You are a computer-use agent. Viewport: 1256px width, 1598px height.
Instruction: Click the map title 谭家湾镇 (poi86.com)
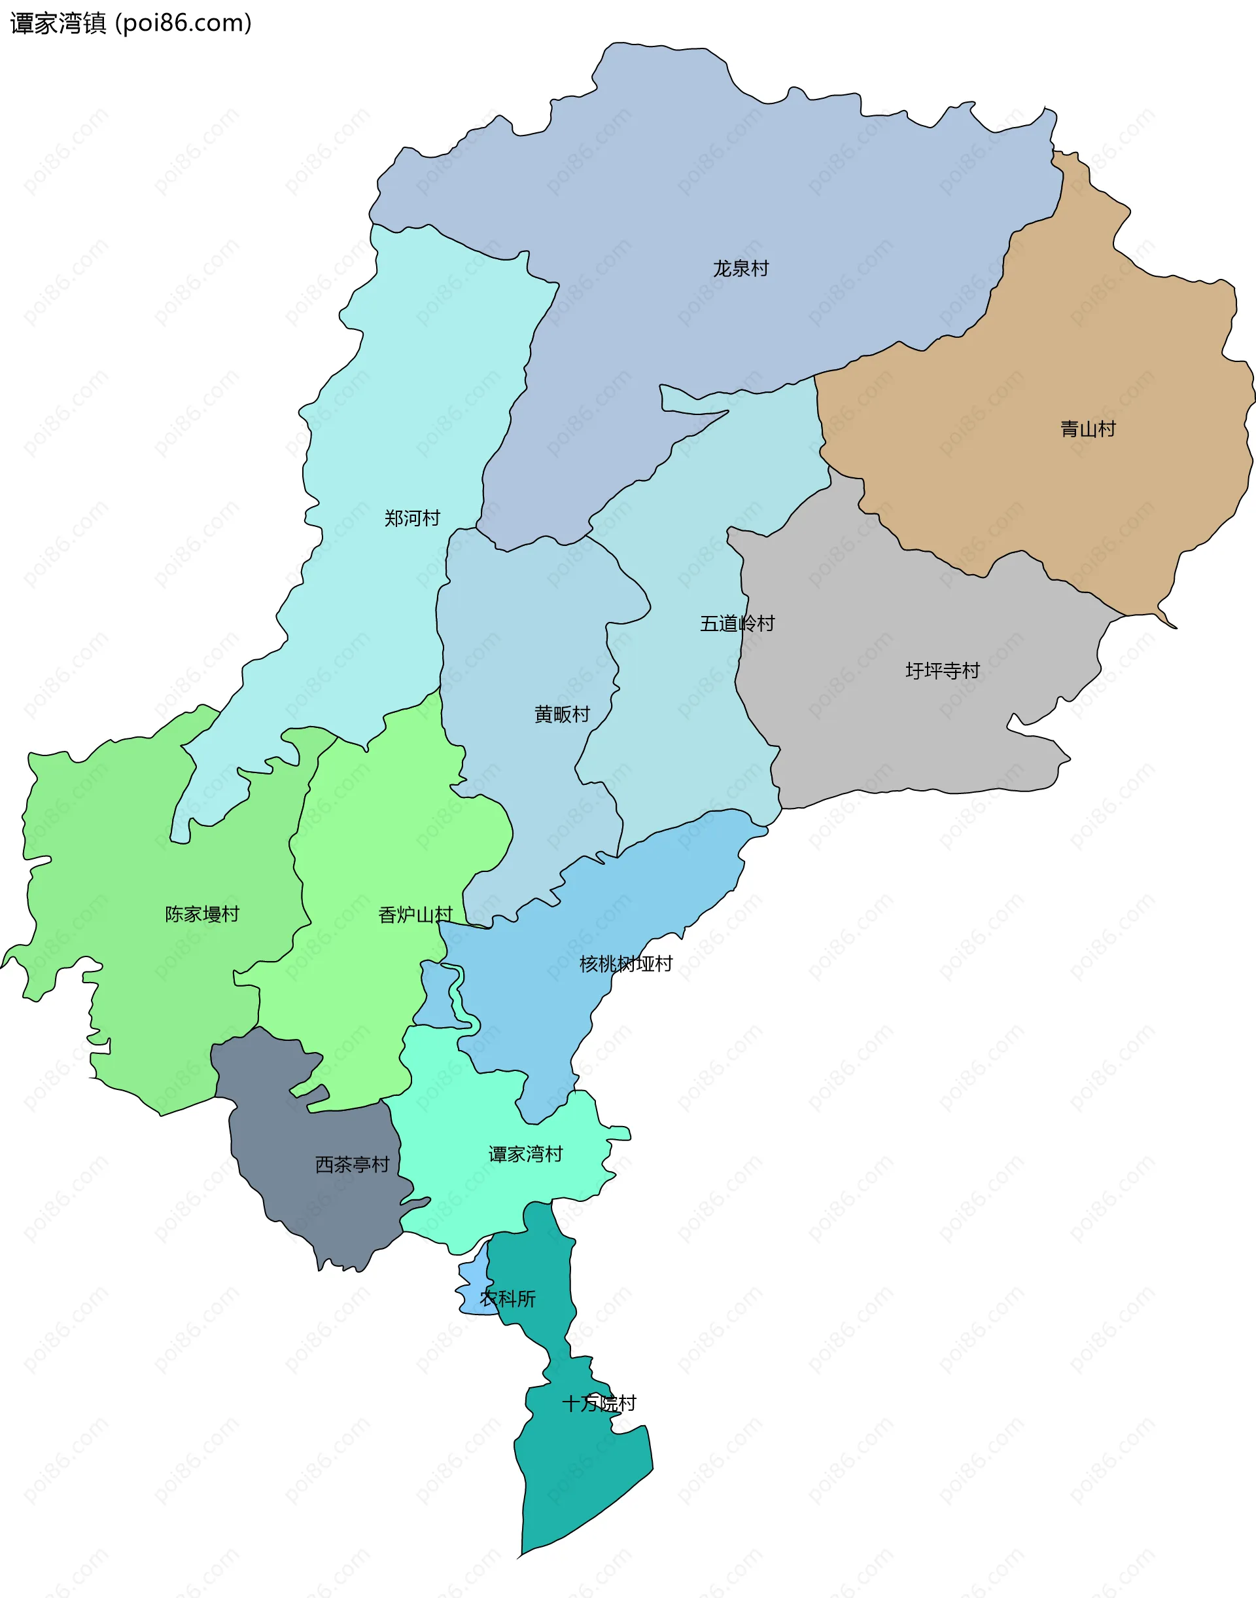pos(131,23)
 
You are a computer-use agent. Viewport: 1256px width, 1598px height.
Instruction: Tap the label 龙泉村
pos(741,268)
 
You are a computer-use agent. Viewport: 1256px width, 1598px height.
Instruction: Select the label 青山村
pos(1088,429)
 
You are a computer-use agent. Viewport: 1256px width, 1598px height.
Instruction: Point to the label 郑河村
pos(412,518)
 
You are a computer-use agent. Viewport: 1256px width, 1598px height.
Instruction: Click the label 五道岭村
pos(737,624)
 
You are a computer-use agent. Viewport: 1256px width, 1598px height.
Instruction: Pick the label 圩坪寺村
pos(942,671)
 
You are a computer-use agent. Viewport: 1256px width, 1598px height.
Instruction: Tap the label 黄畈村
pos(562,714)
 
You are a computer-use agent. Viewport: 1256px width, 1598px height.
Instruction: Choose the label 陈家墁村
pos(202,915)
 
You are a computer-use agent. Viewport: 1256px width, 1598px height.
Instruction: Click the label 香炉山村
pos(415,915)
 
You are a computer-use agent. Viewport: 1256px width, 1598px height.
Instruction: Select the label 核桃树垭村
pos(626,964)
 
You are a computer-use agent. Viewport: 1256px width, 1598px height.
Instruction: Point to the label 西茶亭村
pos(352,1165)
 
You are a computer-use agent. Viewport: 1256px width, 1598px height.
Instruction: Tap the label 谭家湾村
pos(525,1154)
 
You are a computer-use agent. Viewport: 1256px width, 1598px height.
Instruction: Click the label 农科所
pos(508,1299)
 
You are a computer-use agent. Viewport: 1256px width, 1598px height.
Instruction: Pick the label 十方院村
pos(599,1403)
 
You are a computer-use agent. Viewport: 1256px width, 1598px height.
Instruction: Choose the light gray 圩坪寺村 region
pos(882,736)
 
